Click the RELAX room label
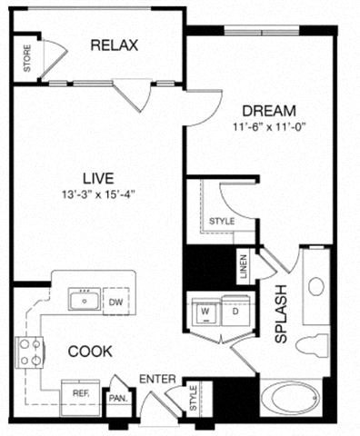click(x=114, y=45)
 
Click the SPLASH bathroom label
click(x=281, y=314)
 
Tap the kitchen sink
click(x=85, y=300)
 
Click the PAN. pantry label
click(x=118, y=397)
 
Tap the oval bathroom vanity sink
click(x=316, y=286)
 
